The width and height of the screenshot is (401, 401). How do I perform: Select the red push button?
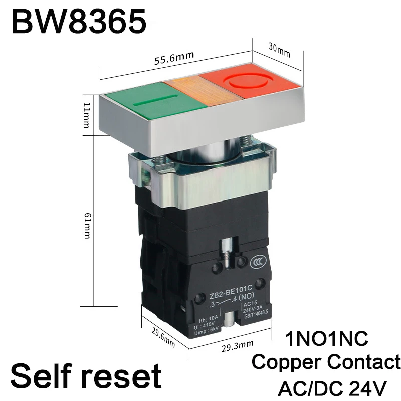[x=251, y=85]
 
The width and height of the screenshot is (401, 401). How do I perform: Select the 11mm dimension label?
[x=86, y=114]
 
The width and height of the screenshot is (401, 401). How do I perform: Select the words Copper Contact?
[x=326, y=362]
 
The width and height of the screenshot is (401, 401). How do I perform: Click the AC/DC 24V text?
[x=332, y=387]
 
